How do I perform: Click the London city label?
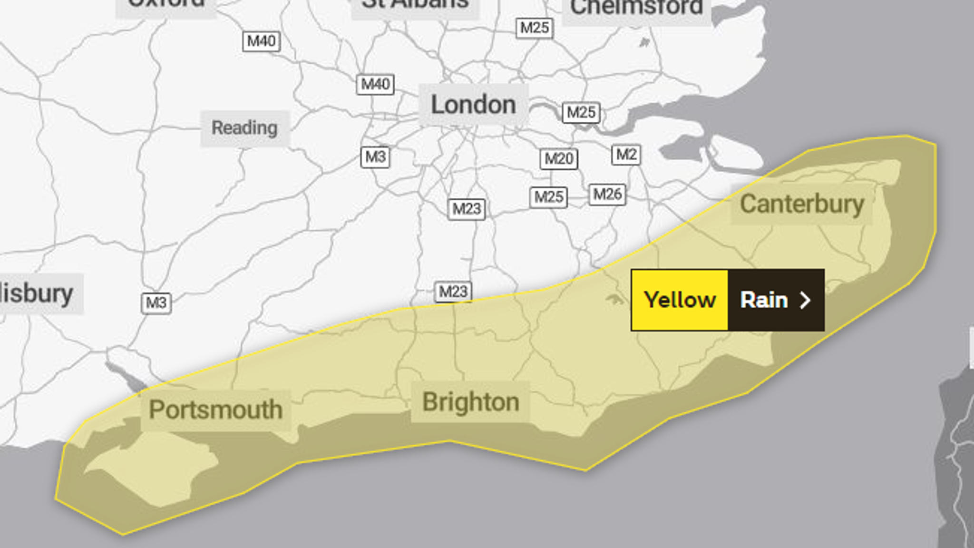tap(473, 105)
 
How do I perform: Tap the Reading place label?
tap(244, 128)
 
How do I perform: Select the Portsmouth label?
tap(215, 410)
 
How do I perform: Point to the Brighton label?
tap(470, 402)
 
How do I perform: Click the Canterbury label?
tap(802, 205)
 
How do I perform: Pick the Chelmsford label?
tap(636, 8)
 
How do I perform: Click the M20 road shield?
tap(559, 159)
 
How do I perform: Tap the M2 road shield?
tap(626, 155)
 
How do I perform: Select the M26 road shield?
tap(607, 195)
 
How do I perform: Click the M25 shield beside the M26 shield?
tap(548, 197)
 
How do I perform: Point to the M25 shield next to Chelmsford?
tap(535, 28)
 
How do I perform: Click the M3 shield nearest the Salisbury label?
tap(156, 303)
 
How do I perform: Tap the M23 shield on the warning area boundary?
tap(453, 292)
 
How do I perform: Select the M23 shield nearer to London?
tap(467, 209)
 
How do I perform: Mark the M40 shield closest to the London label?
tap(375, 85)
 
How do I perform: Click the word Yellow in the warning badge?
tap(680, 300)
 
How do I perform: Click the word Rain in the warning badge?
tap(764, 300)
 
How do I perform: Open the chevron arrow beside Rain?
tap(805, 300)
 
